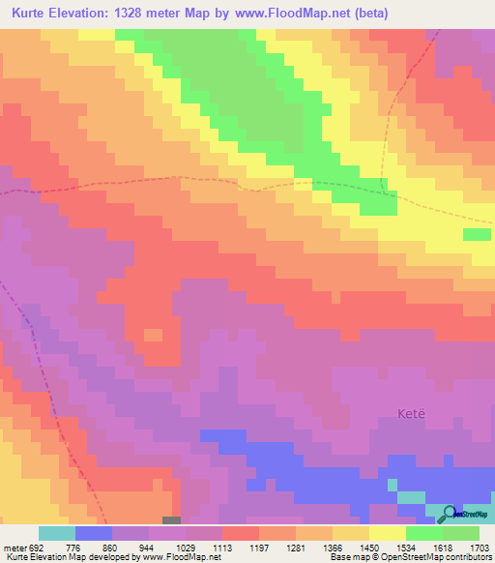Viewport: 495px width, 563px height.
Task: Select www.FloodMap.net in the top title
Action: coord(291,14)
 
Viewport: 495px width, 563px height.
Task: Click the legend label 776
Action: coord(74,547)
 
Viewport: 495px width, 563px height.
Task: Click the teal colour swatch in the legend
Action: coord(56,533)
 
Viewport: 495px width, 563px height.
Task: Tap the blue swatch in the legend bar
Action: coord(93,533)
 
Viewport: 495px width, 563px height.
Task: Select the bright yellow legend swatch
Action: coord(388,533)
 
